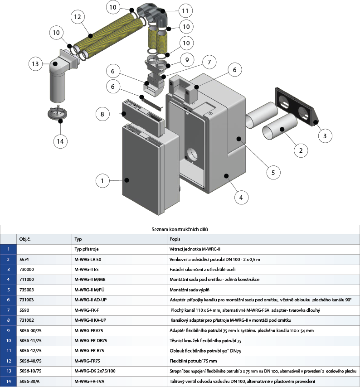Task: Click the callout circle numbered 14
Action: (60, 141)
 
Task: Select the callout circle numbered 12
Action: (78, 17)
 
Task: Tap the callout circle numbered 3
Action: (325, 136)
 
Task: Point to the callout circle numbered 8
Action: (102, 114)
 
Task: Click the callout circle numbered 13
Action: (35, 64)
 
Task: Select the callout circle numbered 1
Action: (102, 181)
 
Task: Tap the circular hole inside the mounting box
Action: (192, 154)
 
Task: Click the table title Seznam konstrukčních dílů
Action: (180, 230)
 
